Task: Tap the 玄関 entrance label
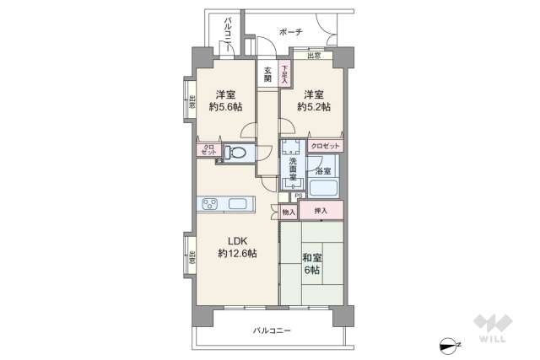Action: pyautogui.click(x=267, y=74)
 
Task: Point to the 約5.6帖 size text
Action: pyautogui.click(x=224, y=107)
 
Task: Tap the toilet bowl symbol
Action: pyautogui.click(x=236, y=153)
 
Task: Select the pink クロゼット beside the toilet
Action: pyautogui.click(x=208, y=151)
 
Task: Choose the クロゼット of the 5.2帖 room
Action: pyautogui.click(x=325, y=146)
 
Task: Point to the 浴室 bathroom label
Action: pyautogui.click(x=323, y=170)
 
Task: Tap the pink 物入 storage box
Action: pyautogui.click(x=289, y=212)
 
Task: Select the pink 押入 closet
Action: pyautogui.click(x=321, y=211)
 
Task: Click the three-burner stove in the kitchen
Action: pyautogui.click(x=211, y=204)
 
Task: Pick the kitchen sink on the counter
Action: pyautogui.click(x=237, y=204)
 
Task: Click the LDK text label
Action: pyautogui.click(x=236, y=241)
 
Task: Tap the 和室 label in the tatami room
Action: pyautogui.click(x=311, y=258)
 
